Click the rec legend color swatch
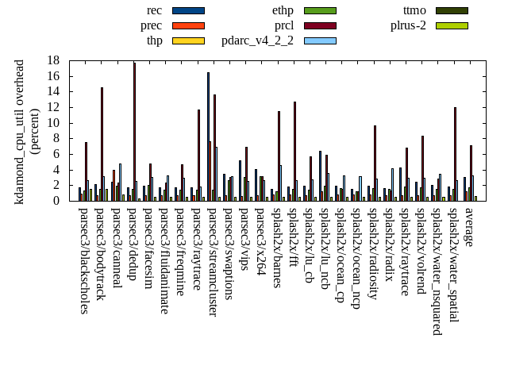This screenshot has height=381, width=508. click(188, 10)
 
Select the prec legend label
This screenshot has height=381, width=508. click(151, 25)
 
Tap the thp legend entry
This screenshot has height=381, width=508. click(154, 40)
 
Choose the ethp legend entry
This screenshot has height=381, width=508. click(283, 10)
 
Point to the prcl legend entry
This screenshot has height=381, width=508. click(283, 25)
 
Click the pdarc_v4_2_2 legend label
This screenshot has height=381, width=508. click(257, 40)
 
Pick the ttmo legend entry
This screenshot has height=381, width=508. click(414, 10)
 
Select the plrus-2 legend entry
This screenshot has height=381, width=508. click(408, 25)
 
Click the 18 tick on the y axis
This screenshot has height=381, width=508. click(54, 60)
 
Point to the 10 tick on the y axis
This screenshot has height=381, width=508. click(54, 123)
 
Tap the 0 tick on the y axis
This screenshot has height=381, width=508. click(57, 201)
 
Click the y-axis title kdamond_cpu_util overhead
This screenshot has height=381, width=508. click(21, 131)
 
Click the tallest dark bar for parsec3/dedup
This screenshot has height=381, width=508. click(134, 132)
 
